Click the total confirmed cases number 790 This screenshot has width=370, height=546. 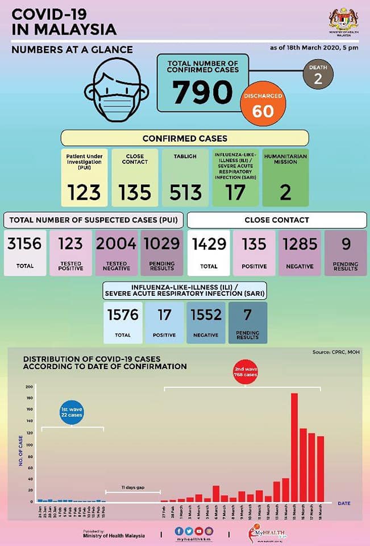(x=203, y=92)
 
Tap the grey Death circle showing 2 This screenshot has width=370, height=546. (x=317, y=76)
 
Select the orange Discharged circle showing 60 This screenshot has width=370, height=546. (x=263, y=105)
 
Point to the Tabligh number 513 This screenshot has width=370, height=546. (x=185, y=193)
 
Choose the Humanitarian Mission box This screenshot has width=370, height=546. (x=285, y=177)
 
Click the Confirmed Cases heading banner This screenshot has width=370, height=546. (x=185, y=138)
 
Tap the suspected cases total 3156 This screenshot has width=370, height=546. (x=24, y=245)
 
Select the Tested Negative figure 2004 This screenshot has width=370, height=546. (x=117, y=245)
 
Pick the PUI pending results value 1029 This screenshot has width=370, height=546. (x=162, y=245)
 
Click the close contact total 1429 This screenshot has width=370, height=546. (x=209, y=245)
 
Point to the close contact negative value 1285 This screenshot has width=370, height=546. (x=300, y=245)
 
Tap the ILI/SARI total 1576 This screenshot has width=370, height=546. (x=123, y=315)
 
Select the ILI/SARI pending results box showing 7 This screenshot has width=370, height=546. (x=248, y=322)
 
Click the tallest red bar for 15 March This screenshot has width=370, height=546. (x=294, y=447)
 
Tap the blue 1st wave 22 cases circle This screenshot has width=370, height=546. (x=72, y=412)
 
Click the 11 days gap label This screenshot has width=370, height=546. (x=131, y=487)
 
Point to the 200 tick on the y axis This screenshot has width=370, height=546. (x=29, y=387)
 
